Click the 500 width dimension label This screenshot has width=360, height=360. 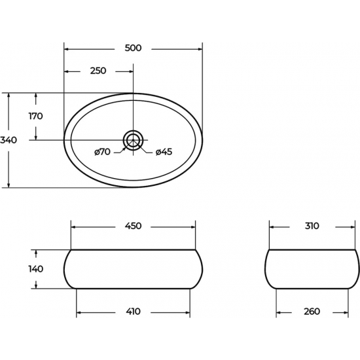point(133,48)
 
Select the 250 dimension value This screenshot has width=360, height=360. point(98,71)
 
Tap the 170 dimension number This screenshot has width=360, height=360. point(35,116)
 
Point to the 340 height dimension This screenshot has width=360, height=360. point(9,140)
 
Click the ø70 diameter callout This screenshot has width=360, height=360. point(102,152)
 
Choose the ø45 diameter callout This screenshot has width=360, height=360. point(164,152)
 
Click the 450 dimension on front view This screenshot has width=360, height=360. point(133,226)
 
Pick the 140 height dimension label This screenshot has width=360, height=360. point(36,269)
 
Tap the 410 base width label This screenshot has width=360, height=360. point(133,312)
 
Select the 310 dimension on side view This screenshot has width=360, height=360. point(312,226)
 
